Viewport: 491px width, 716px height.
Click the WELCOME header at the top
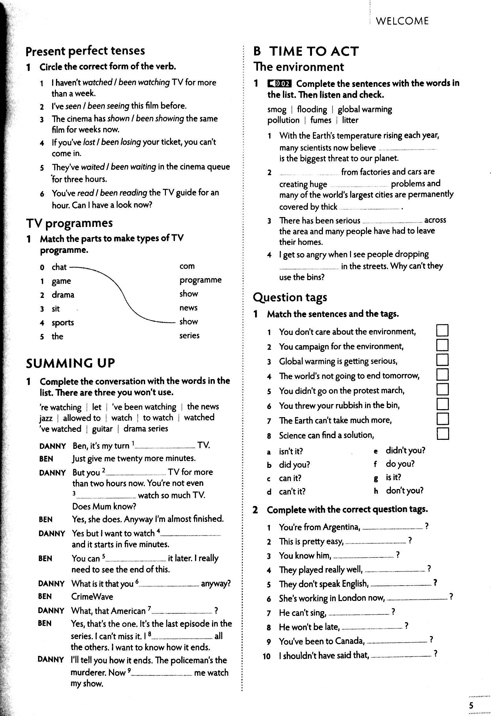pos(402,21)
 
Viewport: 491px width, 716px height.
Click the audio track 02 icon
pos(280,84)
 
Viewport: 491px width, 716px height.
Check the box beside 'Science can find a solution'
pos(442,434)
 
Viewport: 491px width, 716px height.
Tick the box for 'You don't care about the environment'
pos(442,331)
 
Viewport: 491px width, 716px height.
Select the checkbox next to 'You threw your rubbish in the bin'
pos(442,404)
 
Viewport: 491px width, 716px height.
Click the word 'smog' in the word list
pos(277,110)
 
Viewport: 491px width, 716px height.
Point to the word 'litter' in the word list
pos(350,120)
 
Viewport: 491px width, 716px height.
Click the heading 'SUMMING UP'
pos(70,363)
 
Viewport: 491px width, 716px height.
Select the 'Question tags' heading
pos(290,297)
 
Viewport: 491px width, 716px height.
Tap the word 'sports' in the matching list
pos(63,323)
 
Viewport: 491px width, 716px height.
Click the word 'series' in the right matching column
pos(189,335)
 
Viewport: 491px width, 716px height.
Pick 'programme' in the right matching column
pos(200,280)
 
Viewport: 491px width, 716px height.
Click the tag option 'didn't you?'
pos(405,450)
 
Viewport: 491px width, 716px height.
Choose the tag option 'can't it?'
pos(292,491)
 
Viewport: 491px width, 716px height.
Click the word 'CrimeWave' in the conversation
pos(92,596)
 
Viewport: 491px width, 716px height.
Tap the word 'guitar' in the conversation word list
pos(102,429)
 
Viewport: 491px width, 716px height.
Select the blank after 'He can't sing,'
pos(359,612)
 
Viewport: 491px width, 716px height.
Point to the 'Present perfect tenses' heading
pos(85,51)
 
